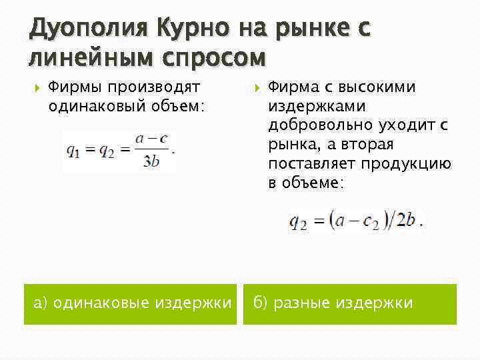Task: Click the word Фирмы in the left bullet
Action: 74,88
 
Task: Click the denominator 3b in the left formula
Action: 151,161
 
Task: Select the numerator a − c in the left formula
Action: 151,139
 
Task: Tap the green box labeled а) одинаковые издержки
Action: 130,304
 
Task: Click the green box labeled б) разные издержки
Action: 349,304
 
